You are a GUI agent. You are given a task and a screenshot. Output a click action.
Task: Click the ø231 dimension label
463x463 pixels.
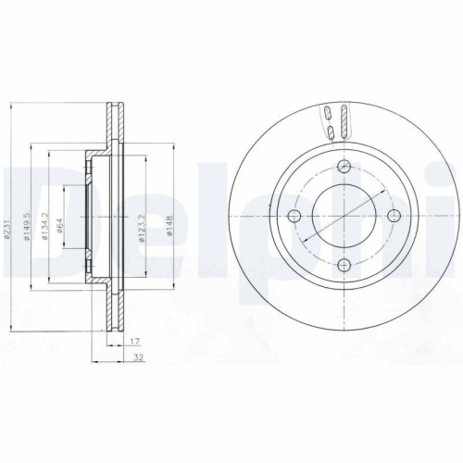pos(7,224)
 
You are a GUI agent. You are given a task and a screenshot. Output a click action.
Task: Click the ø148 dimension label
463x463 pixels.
pos(169,224)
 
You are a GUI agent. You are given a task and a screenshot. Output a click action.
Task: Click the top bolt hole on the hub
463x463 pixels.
pos(344,167)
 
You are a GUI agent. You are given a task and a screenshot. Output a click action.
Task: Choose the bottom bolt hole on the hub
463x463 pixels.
pos(344,265)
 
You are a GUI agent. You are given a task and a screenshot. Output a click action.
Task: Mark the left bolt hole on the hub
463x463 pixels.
pos(295,216)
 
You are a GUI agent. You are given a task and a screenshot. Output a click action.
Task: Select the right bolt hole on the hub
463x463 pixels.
pos(394,216)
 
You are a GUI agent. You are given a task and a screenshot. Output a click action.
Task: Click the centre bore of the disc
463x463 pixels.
pos(344,216)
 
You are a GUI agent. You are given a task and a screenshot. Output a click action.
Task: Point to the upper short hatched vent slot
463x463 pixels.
pos(328,114)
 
